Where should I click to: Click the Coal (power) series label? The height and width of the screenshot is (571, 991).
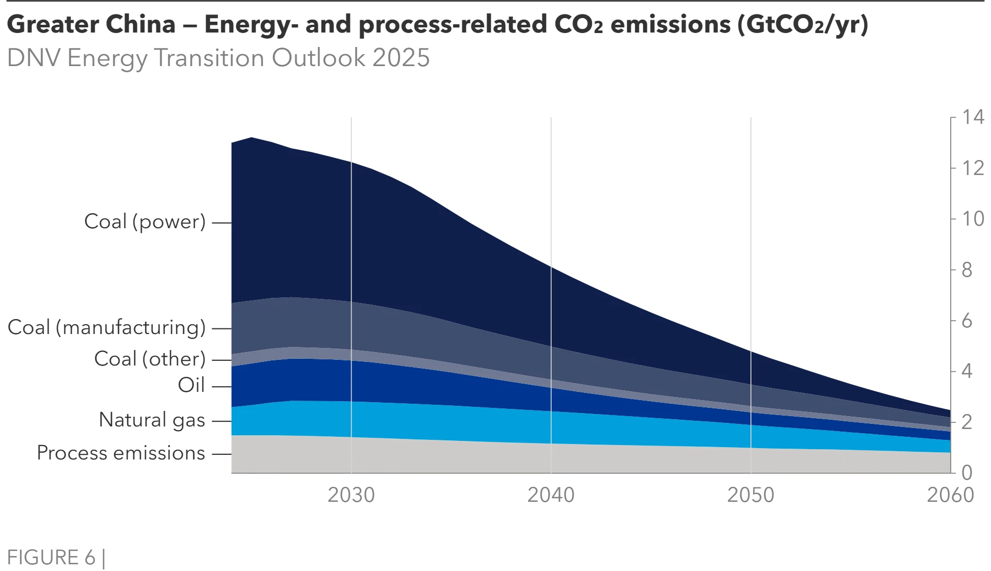pos(145,222)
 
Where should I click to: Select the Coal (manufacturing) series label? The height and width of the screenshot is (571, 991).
pos(107,328)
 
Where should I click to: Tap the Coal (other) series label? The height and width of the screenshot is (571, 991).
pos(150,359)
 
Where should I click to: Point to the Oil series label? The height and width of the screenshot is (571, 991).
pos(191,386)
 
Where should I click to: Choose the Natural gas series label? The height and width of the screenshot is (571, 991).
pos(152,420)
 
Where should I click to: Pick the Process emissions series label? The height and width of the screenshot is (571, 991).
pos(121,453)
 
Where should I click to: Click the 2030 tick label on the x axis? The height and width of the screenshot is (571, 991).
pos(351,495)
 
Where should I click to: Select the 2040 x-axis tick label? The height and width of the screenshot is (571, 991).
pos(551,495)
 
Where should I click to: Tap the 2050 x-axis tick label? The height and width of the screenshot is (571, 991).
pos(750,495)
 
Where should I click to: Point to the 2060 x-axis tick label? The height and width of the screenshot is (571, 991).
pos(950,495)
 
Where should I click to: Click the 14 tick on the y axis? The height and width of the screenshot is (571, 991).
pos(973,117)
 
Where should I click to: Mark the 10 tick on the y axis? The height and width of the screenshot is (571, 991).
pos(973,219)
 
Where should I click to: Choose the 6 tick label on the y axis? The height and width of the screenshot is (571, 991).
pos(967,321)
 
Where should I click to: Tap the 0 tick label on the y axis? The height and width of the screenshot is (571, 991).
pos(967,472)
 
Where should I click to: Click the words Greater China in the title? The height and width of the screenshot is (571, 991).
pos(91,24)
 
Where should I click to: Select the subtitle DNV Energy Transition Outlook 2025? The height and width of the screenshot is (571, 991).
pos(218,58)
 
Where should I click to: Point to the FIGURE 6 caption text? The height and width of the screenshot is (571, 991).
pos(51,558)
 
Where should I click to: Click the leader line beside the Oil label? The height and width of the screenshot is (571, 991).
pos(221,386)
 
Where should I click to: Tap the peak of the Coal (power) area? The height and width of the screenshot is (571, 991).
pos(251,138)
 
